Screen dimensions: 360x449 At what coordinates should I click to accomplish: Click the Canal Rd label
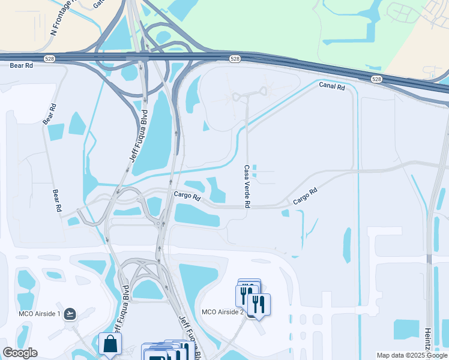[x=333, y=86]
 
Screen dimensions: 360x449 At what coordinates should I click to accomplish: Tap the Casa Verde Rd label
[x=247, y=187]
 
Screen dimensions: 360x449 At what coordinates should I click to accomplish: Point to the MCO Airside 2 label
[x=222, y=311]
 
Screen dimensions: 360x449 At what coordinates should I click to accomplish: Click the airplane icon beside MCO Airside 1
[x=70, y=313]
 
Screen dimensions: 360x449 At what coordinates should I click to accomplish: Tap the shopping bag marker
[x=110, y=344]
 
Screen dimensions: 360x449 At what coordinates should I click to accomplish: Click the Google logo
[x=20, y=353]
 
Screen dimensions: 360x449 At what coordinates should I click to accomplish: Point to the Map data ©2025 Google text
[x=412, y=355]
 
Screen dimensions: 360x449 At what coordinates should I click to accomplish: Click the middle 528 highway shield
[x=235, y=59]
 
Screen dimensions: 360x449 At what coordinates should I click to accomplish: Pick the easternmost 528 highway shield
[x=376, y=79]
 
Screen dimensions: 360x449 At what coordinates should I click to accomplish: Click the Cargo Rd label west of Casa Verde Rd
[x=187, y=196]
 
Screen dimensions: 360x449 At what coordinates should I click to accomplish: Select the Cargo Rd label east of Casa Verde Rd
[x=304, y=197]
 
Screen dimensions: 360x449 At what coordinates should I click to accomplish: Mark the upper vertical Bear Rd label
[x=49, y=114]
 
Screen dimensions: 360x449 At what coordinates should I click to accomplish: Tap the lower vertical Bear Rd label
[x=57, y=200]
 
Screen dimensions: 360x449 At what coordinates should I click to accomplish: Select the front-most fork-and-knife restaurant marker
[x=259, y=305]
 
